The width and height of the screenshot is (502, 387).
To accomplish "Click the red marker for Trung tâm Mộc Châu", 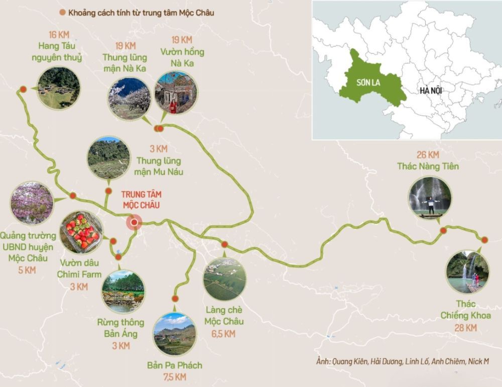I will [134, 222].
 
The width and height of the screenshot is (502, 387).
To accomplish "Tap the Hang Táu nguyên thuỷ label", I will [60, 52].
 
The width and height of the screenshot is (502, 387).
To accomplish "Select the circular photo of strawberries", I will [81, 232].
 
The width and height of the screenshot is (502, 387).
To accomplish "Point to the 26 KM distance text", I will [428, 154].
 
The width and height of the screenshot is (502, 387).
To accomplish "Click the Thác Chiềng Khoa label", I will [465, 310].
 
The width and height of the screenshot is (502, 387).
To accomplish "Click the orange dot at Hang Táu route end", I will [23, 89].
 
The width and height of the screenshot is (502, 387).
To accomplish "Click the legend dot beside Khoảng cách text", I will [62, 13].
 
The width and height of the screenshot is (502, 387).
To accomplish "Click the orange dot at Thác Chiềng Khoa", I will [485, 240].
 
